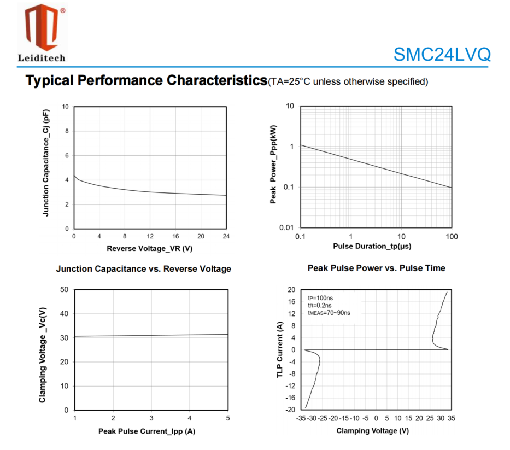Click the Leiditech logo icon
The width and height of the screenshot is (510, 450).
click(x=42, y=27)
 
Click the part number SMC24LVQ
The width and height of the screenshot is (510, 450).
click(x=442, y=55)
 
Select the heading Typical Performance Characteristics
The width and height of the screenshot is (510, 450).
click(x=146, y=81)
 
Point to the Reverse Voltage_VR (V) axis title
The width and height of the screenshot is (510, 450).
click(x=149, y=248)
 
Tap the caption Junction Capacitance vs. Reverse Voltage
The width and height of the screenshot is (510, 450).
click(x=143, y=269)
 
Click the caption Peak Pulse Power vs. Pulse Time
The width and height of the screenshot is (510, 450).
click(x=376, y=268)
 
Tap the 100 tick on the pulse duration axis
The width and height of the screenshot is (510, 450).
click(x=452, y=236)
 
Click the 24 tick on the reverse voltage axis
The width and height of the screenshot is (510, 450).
click(x=225, y=236)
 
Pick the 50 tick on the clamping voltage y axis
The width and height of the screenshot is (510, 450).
click(x=64, y=289)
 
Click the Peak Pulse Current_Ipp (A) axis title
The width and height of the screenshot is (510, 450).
click(x=146, y=431)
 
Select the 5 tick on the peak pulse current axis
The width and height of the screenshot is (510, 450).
click(x=228, y=418)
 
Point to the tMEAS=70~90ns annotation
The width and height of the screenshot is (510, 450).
click(x=329, y=313)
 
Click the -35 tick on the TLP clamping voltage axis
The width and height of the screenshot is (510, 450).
click(x=300, y=418)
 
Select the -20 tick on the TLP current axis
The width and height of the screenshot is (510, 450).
click(x=291, y=410)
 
